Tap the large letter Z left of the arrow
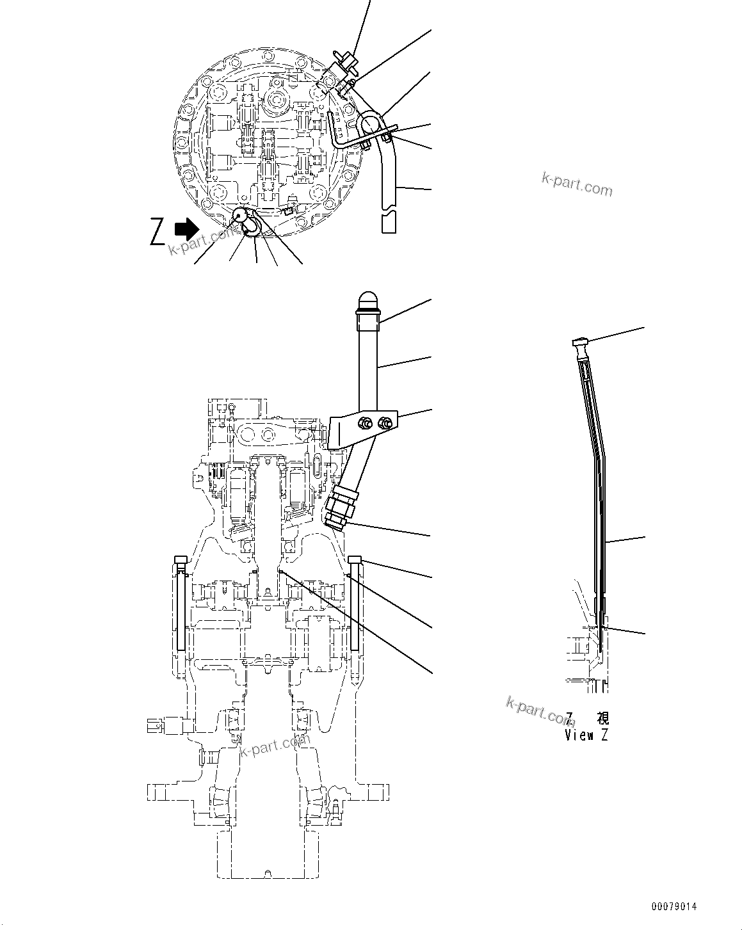coord(157,231)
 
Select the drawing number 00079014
coord(673,907)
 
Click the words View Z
coord(586,735)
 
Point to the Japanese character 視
coord(602,717)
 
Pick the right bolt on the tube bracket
coord(385,422)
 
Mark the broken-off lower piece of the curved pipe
coord(388,223)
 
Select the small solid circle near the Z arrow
coord(241,216)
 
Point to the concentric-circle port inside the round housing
coord(276,99)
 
